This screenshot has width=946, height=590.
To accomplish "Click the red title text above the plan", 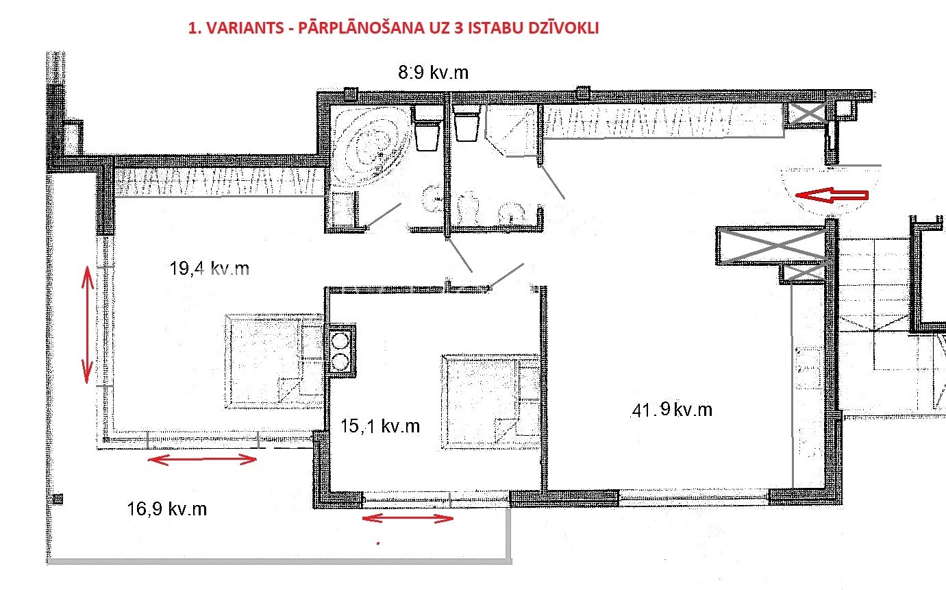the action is pos(393,28).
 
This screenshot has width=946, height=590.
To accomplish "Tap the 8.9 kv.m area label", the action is pos(434,72).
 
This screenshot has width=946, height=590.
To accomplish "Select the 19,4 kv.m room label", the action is pos(209,268).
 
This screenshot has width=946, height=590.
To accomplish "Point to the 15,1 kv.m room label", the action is pos(380,426).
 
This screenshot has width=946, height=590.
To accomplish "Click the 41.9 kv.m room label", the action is pos(672,410).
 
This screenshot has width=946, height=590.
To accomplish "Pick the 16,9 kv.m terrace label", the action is pos(167,508).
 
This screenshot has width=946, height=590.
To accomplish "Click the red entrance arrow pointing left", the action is pos(832,195).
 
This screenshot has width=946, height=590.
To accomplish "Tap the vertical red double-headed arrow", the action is pos(88,325).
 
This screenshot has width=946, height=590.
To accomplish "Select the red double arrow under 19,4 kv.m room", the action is pos(202,460).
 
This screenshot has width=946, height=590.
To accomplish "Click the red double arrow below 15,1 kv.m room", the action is pos(408,518).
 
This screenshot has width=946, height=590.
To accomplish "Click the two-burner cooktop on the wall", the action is pos(341,350).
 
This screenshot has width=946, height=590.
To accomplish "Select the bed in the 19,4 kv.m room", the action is pos(275,361).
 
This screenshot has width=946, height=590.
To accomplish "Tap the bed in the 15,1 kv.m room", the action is pos(491,402).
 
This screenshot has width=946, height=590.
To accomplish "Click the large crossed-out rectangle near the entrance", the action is pos(771,246).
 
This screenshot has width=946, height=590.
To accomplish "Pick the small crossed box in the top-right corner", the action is pos(808,113).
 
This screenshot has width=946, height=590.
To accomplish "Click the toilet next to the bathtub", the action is pos(427,129).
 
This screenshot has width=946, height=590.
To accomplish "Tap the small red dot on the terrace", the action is pos(378,543).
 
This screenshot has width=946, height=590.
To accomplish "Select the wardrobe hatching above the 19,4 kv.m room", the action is pos(216,182).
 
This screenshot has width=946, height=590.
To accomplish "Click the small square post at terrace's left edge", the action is pos(58,499).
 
